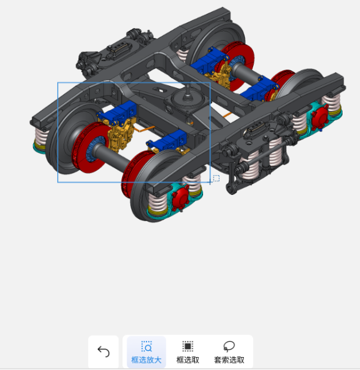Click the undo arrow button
pos(103,351)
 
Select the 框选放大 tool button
pos(146,352)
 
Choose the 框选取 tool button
pos(188,352)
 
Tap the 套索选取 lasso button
pos(229,352)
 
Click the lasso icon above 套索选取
pos(229,346)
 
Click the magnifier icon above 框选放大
pos(146,347)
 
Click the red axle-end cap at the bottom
pos(180,198)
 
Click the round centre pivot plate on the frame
pos(188,99)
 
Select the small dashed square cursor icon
pos(216,179)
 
